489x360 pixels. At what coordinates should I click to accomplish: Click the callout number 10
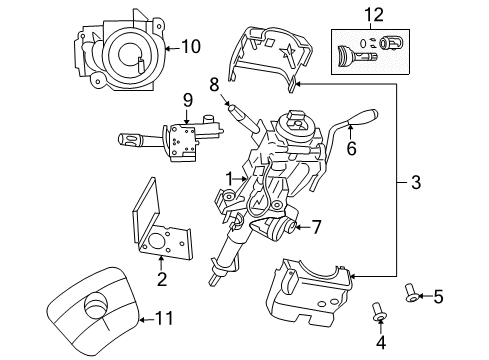point(190,45)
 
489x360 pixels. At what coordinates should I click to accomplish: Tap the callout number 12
point(374,15)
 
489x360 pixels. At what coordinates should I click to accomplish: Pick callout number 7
point(316,227)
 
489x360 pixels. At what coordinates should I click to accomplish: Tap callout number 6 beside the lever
point(351,150)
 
